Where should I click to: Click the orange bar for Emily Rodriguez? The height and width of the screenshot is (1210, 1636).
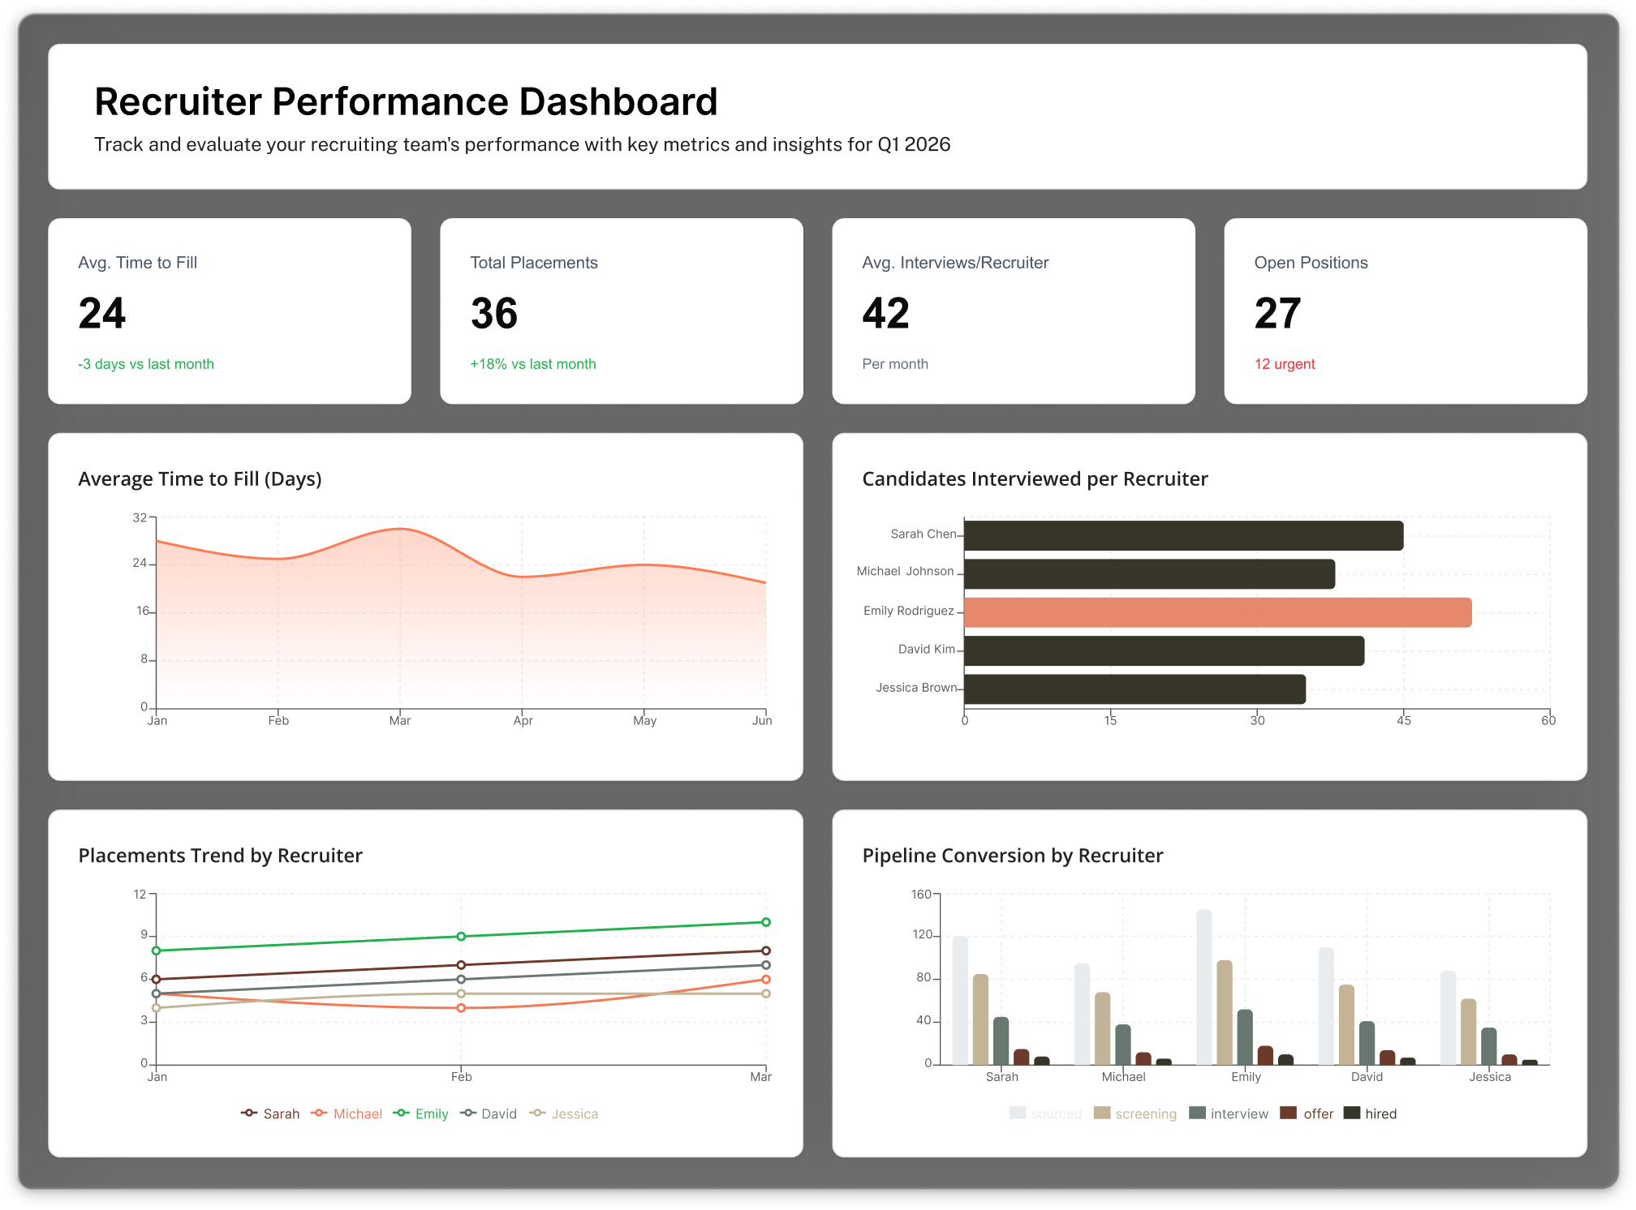coord(1217,612)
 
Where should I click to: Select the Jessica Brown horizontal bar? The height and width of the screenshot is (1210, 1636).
coord(1134,689)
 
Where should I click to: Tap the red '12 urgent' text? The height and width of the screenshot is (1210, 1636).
coord(1285,364)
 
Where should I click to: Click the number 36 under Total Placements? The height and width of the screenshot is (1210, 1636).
coord(494,314)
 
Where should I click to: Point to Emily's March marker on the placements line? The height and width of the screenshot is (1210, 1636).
coord(766,922)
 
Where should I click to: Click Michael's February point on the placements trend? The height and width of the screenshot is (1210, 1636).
coord(461,1008)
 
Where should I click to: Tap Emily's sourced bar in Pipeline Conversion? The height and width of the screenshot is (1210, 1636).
coord(1204,987)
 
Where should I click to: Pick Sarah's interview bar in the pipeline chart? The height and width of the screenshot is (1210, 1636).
coord(1001,1041)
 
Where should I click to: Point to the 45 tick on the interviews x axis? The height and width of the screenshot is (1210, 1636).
coord(1404,720)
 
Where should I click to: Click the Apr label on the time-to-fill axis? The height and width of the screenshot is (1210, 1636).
coord(523,720)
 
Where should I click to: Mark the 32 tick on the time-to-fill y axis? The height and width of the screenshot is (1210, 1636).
coord(140,517)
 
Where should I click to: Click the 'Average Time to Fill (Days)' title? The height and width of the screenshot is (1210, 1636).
coord(200,479)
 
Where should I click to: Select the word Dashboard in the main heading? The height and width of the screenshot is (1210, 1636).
coord(618,102)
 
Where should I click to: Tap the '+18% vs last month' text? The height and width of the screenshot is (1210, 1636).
coord(533,364)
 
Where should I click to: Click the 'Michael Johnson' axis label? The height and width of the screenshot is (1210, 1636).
coord(905,572)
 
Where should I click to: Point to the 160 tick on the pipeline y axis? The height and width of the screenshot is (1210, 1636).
coord(921,895)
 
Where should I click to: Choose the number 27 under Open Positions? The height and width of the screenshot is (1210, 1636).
coord(1277,314)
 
